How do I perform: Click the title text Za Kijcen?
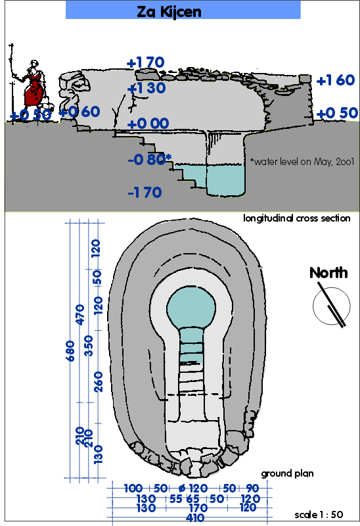click(169, 12)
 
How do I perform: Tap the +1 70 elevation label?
click(145, 62)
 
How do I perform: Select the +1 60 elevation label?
click(336, 80)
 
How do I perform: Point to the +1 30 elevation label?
click(146, 88)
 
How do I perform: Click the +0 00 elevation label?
click(148, 124)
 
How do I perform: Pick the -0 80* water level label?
click(150, 159)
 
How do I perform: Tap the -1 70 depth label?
click(145, 193)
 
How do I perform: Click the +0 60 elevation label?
click(79, 112)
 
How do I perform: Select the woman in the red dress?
click(34, 84)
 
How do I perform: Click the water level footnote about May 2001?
click(302, 162)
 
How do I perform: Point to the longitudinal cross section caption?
click(297, 218)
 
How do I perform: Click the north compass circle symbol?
click(332, 306)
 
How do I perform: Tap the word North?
click(328, 273)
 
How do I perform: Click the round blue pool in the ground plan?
click(191, 306)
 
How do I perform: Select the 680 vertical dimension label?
click(70, 350)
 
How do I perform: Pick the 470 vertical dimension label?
click(79, 314)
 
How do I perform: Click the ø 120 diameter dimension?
click(193, 488)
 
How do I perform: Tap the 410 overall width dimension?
click(194, 517)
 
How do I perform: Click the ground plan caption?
click(287, 473)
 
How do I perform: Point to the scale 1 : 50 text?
click(319, 515)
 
